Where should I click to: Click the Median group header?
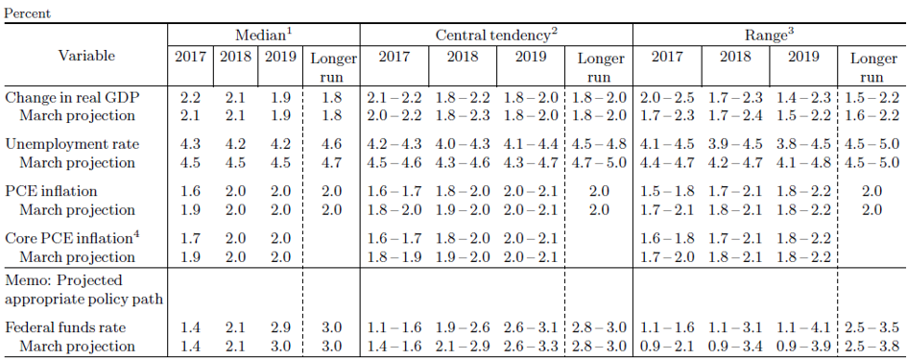263,36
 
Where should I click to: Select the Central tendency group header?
496,36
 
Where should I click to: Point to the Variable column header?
86,56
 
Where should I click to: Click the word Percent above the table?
27,13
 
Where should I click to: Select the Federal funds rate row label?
65,327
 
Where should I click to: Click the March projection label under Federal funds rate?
77,347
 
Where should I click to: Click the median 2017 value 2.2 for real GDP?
190,98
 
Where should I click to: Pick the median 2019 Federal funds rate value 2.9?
280,327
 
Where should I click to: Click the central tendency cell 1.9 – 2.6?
463,327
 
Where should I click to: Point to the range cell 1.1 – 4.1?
803,327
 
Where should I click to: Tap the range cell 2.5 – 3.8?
871,347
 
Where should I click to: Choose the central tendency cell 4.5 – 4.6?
394,162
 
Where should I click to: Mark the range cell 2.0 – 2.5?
667,98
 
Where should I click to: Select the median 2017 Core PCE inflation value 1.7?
190,238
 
